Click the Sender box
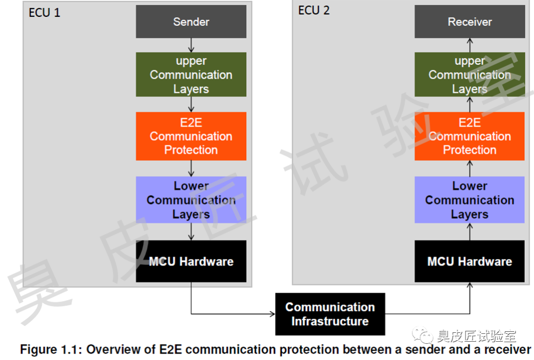tap(191, 22)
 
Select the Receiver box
tap(469, 22)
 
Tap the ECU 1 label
tap(44, 13)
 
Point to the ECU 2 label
tap(313, 10)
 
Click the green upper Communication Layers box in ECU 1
tap(191, 75)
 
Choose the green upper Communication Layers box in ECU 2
tap(469, 75)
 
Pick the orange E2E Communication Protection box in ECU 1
tap(191, 136)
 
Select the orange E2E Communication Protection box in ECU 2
tap(469, 136)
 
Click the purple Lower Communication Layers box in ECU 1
tap(191, 200)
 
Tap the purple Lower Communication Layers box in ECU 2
tap(469, 200)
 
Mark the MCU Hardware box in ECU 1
tap(191, 261)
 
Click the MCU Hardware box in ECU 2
tap(469, 261)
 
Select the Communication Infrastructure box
tap(330, 314)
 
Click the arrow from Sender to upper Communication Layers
tap(191, 45)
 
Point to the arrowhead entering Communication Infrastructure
tap(271, 314)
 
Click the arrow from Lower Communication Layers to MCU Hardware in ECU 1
tap(191, 231)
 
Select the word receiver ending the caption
tap(509, 350)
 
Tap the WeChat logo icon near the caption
tap(424, 336)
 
